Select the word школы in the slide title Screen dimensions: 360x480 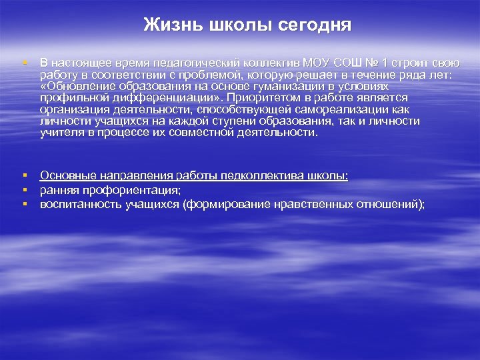238,26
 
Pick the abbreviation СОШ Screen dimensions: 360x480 349,63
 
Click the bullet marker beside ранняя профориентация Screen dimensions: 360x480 24,189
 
